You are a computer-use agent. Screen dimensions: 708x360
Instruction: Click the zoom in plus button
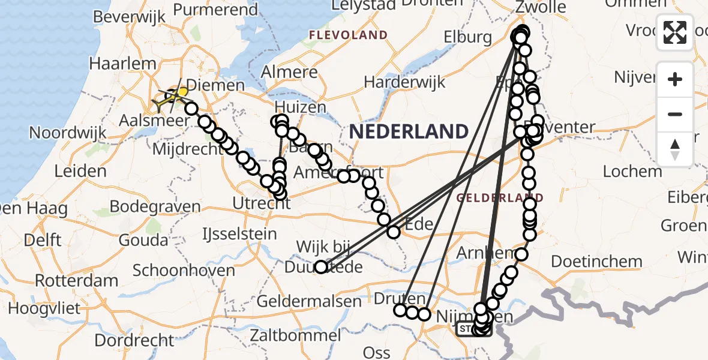[x=675, y=79]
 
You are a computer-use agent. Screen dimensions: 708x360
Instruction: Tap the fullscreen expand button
[x=675, y=32]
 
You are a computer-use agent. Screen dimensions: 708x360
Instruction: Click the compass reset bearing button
[x=675, y=149]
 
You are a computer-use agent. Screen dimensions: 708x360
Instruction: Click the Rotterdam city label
[x=76, y=281]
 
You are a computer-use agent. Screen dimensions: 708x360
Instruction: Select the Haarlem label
[x=117, y=63]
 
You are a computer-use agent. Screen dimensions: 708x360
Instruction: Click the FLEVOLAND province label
[x=348, y=35]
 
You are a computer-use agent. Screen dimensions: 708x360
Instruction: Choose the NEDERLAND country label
[x=409, y=131]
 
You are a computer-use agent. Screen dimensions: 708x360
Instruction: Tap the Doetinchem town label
[x=596, y=262]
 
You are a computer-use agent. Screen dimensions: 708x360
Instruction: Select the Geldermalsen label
[x=310, y=302]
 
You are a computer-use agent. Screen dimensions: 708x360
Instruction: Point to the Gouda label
[x=144, y=241]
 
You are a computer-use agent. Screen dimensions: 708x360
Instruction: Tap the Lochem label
[x=632, y=172]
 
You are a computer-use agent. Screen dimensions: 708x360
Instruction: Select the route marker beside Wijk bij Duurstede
[x=322, y=267]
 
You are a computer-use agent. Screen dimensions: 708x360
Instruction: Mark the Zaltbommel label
[x=296, y=334]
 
